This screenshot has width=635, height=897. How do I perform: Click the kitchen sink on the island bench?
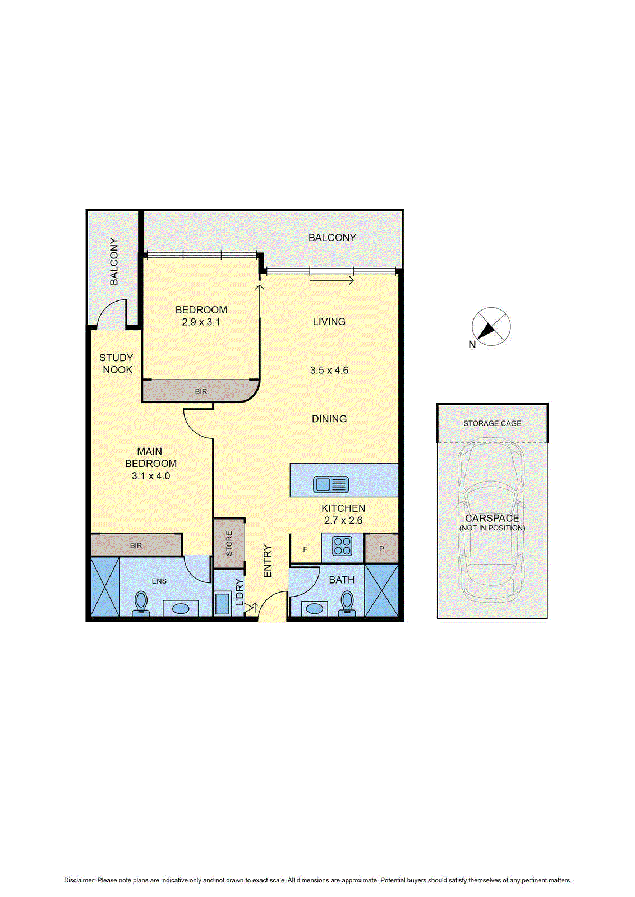point(330,484)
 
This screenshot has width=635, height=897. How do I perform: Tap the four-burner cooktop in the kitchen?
point(342,547)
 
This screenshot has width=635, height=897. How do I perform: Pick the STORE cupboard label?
point(229,543)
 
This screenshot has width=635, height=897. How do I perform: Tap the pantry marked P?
point(381,549)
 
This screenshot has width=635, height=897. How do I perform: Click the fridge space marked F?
point(305,549)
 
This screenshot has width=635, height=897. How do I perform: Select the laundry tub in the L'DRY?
point(222,604)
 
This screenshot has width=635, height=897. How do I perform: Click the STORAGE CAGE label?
point(493,423)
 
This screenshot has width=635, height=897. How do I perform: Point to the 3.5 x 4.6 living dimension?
point(329,371)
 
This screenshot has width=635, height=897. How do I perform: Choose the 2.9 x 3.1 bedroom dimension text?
point(201,322)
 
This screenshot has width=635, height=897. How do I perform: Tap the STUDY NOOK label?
point(117,364)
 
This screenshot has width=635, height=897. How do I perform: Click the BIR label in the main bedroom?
point(136,545)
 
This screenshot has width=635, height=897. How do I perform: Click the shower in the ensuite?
point(105,587)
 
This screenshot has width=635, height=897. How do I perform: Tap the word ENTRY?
point(267,561)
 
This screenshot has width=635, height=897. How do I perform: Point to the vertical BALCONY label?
point(114,261)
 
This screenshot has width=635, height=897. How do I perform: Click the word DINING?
point(329,419)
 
